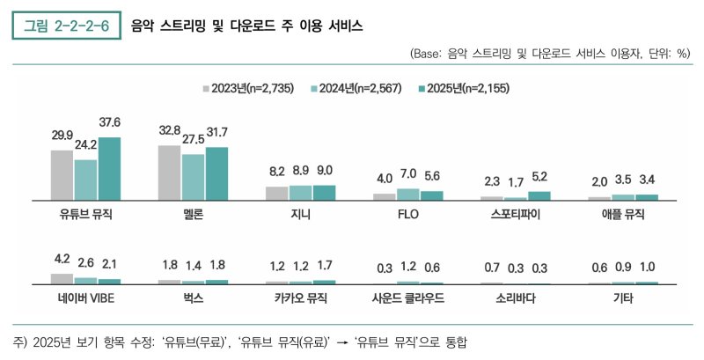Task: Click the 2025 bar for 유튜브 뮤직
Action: pyautogui.click(x=109, y=169)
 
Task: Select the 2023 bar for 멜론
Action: pyautogui.click(x=169, y=173)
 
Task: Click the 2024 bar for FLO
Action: pyautogui.click(x=407, y=195)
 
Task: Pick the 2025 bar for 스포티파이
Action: pyautogui.click(x=539, y=195)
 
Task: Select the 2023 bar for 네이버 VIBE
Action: pyautogui.click(x=62, y=278)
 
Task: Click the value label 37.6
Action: pyautogui.click(x=109, y=122)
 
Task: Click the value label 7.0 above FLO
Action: pyautogui.click(x=407, y=174)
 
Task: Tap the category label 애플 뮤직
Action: pyautogui.click(x=623, y=214)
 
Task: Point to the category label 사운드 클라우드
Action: pyautogui.click(x=407, y=298)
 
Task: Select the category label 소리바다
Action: pyautogui.click(x=516, y=298)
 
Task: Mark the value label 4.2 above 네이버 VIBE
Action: pyautogui.click(x=62, y=260)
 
